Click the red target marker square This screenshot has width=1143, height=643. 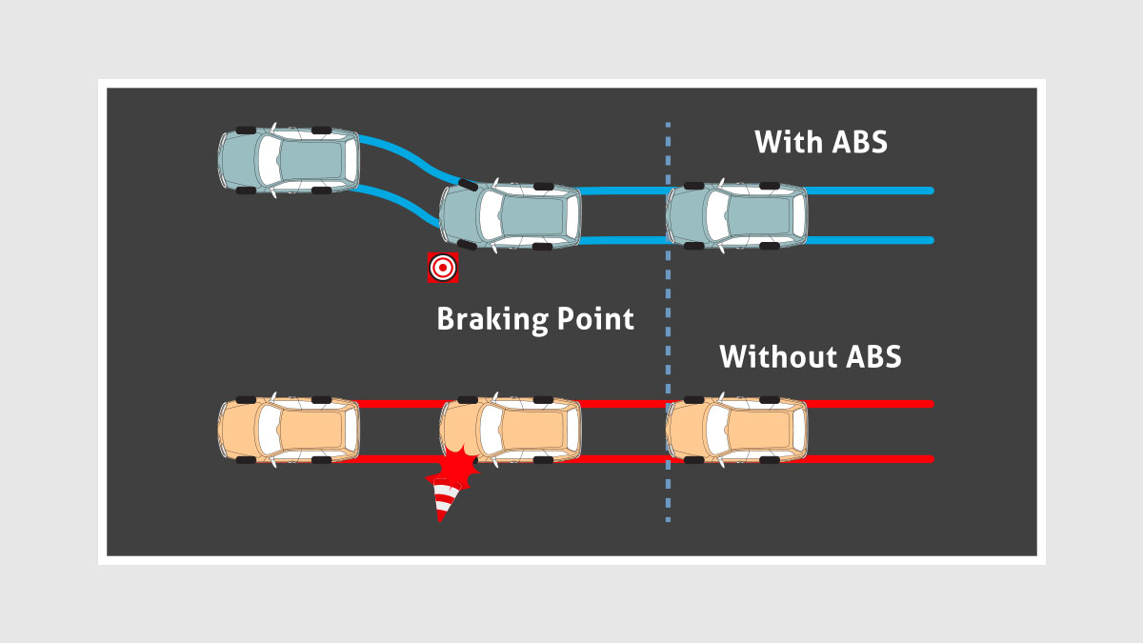443,268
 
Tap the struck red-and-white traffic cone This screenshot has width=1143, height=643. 445,500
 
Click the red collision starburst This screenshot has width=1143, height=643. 455,469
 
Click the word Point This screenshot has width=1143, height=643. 594,318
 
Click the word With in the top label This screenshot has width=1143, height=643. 788,142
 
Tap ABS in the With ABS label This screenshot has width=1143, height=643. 859,142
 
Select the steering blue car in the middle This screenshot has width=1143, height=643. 511,214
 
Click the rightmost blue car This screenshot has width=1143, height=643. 737,214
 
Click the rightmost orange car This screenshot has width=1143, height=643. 737,431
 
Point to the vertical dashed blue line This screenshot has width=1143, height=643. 668,324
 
